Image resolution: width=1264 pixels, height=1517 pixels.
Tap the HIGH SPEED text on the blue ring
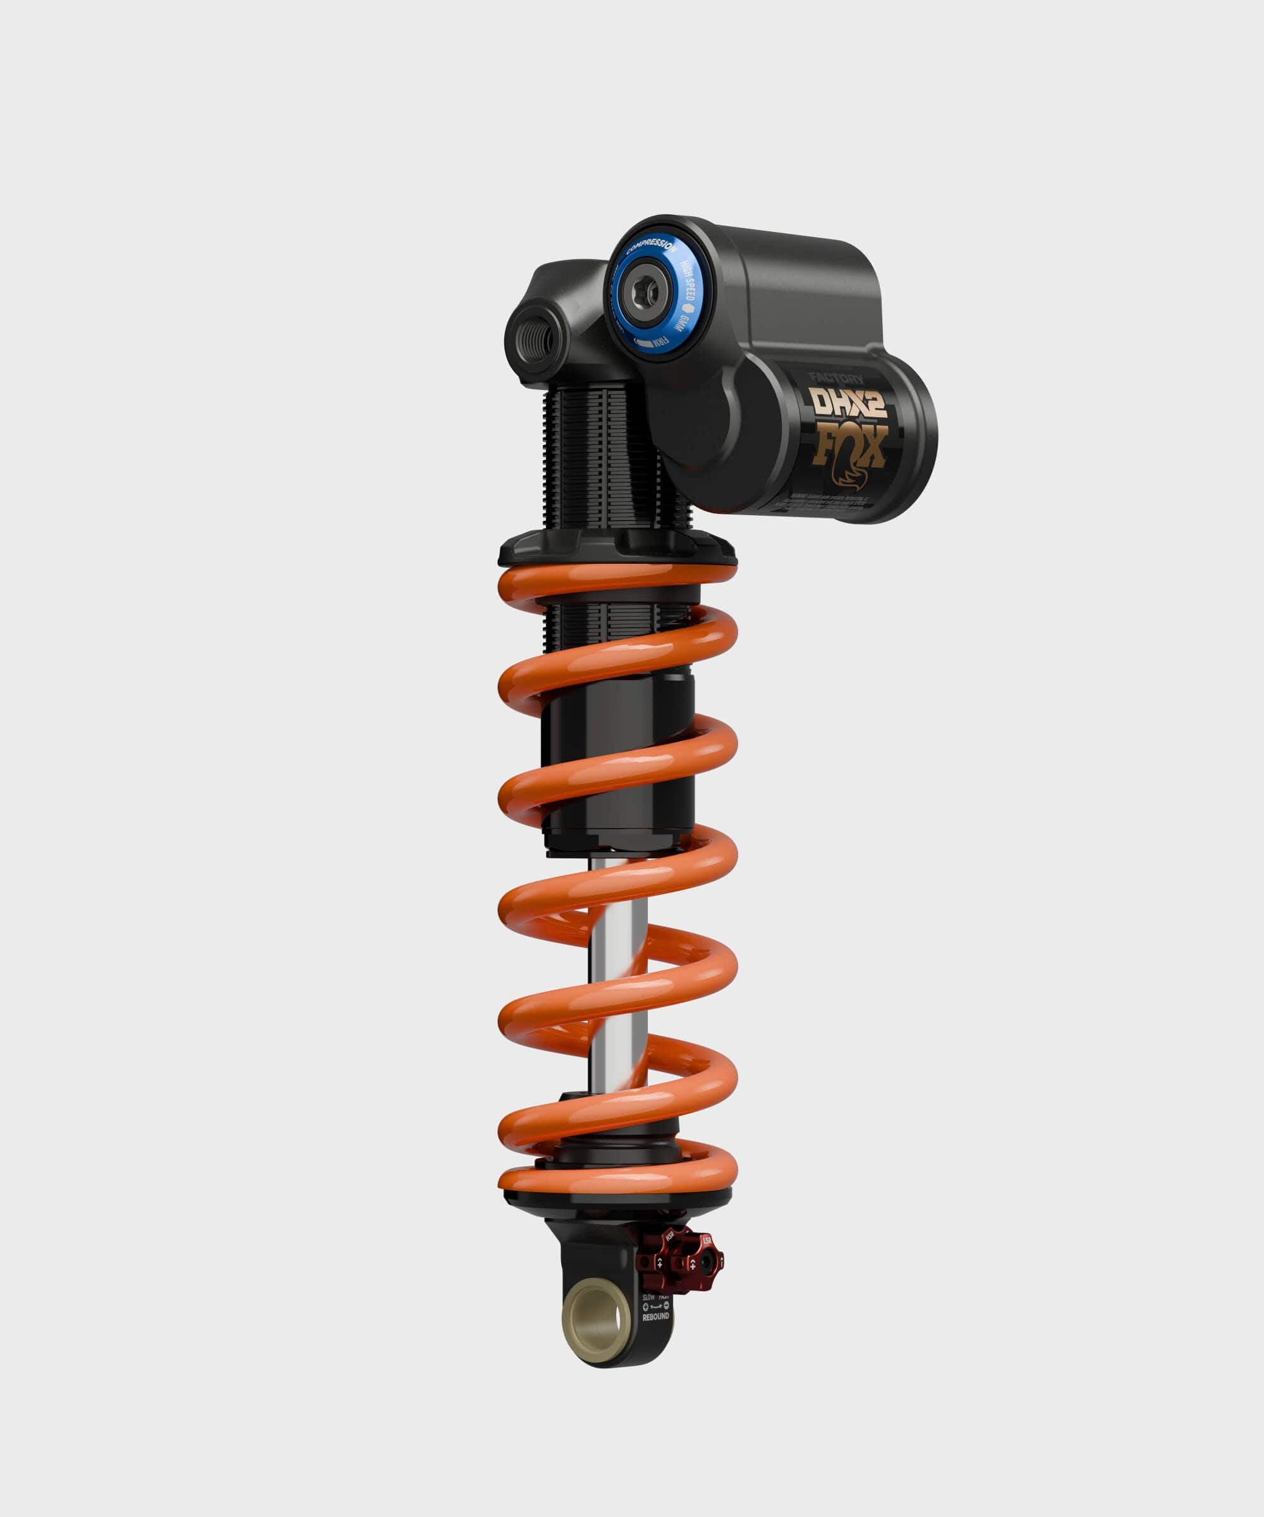click(x=687, y=282)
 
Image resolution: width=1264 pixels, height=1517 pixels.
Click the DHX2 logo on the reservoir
click(x=848, y=403)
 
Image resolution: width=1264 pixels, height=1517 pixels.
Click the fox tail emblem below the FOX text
click(x=849, y=477)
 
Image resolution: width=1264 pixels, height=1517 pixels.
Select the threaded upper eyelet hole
click(x=537, y=333)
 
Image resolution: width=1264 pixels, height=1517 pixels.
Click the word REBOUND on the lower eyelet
click(x=656, y=1317)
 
